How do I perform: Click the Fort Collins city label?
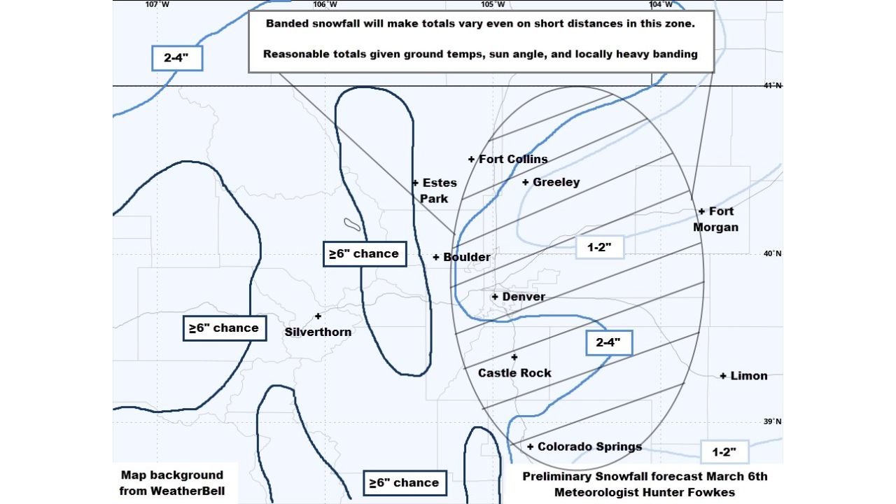pos(513,160)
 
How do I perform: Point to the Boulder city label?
pos(466,258)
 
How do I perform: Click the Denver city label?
pos(523,297)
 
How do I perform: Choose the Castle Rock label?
pos(514,373)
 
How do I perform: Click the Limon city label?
pos(748,376)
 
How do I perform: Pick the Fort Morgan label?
pos(716,219)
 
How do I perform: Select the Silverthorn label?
pos(318,332)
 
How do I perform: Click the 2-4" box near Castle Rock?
pos(609,343)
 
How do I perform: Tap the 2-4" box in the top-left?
pos(177,58)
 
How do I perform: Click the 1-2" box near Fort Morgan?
pos(599,247)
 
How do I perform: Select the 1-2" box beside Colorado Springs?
pos(724,452)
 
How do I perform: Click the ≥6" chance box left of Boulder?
pos(364,253)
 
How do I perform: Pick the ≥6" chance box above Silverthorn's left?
pos(224,328)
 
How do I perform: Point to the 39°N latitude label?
pos(773,421)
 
